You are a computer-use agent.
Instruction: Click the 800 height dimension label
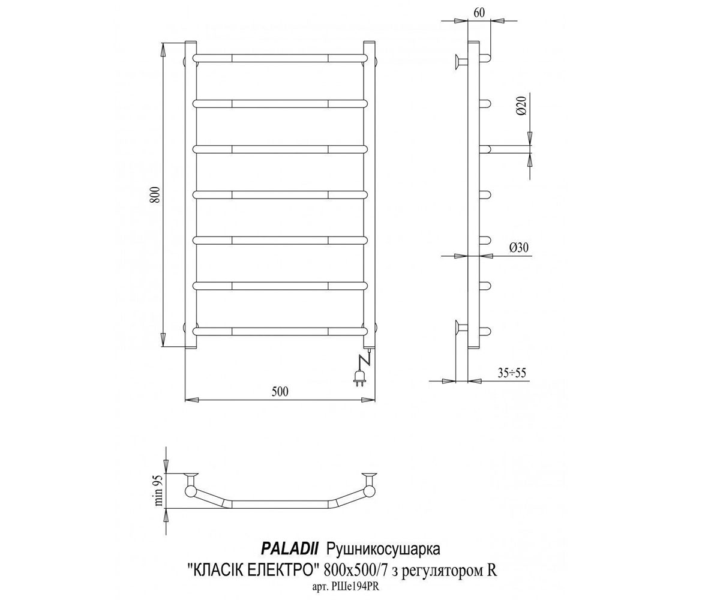(156, 194)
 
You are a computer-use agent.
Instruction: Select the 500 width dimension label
(280, 392)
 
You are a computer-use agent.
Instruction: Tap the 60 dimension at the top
(479, 13)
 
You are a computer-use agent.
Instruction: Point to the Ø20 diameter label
(522, 106)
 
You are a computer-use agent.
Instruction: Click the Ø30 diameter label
(518, 247)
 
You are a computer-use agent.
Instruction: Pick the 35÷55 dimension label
(512, 373)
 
